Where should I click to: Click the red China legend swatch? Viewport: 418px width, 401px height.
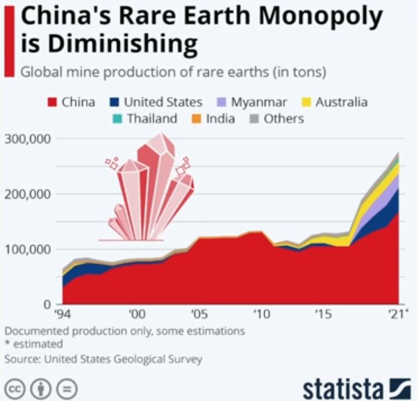53,103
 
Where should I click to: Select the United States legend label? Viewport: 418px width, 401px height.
163,103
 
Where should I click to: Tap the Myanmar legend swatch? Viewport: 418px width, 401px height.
221,103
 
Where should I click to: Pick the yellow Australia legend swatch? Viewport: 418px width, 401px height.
305,103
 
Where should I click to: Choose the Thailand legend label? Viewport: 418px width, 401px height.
152,119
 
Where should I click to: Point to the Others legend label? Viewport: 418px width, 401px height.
283,119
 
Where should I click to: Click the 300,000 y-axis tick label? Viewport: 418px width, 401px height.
29,139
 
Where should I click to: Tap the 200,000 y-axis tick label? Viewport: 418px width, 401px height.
29,194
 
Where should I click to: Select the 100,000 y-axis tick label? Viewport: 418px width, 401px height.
29,249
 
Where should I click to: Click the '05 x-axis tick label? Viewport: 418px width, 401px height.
199,314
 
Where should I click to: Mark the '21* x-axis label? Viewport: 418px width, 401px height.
397,314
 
